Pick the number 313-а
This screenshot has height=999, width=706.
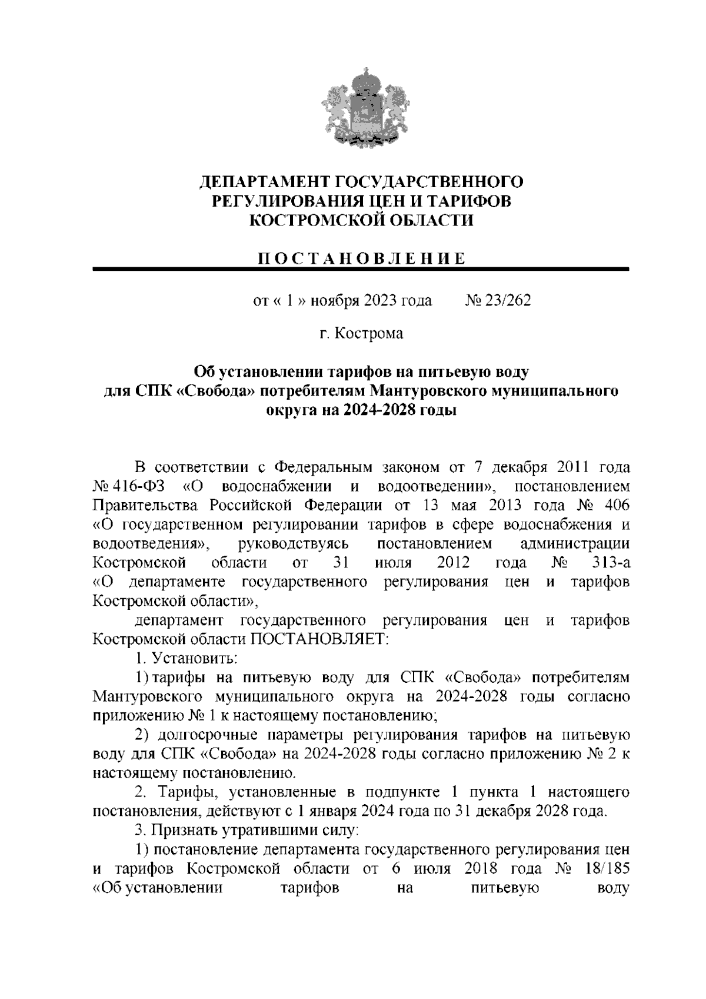[611, 563]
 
